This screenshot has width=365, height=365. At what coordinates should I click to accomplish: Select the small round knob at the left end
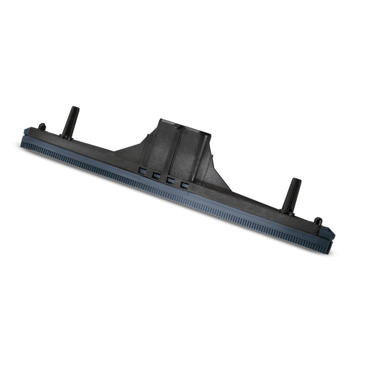pos(41,127)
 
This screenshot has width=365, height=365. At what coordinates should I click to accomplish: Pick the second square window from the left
pos(156,176)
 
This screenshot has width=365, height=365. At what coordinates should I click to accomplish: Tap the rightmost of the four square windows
pos(185,185)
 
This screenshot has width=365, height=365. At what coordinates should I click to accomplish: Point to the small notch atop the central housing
pos(177,126)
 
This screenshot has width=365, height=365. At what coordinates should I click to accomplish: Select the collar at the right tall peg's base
pos(287,210)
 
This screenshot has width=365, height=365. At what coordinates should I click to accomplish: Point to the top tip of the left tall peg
pos(75,109)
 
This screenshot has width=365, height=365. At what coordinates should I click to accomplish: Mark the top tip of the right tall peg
pos(296,180)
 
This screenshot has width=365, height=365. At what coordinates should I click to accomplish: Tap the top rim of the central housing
pos(184,127)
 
